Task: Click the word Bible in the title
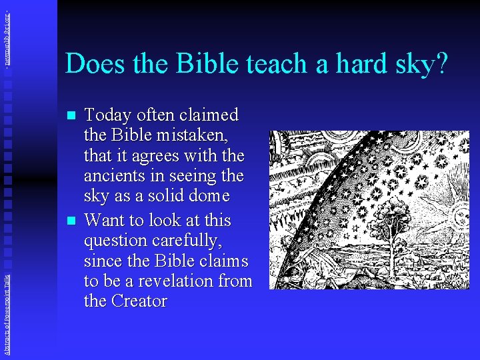pos(201,64)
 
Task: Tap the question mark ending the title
pos(441,64)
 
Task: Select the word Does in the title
pos(93,64)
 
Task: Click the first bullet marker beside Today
pos(72,116)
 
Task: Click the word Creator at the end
pos(139,301)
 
